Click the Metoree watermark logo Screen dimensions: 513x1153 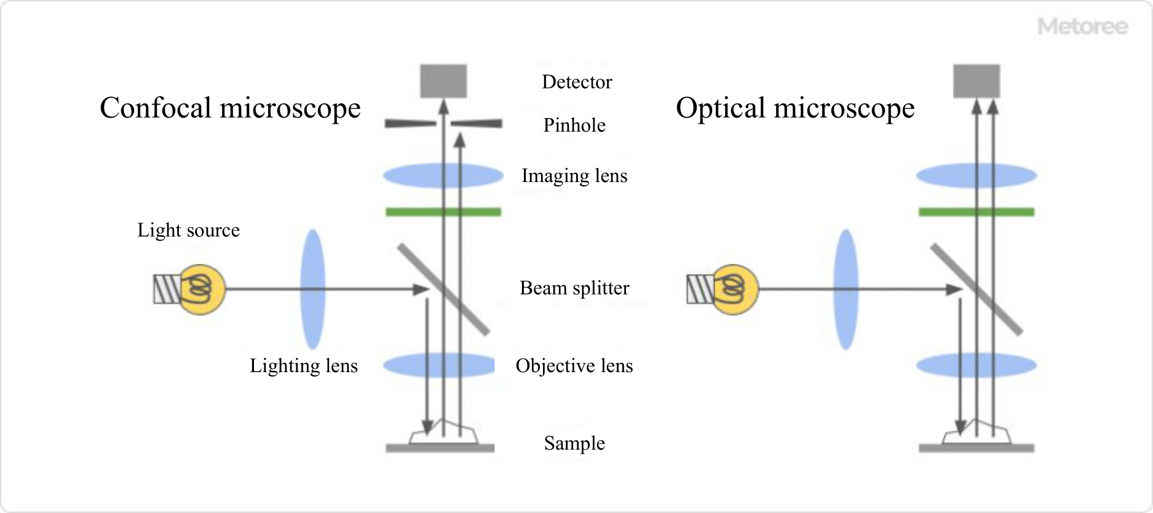tap(1083, 26)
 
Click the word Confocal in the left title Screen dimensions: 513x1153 tap(156, 108)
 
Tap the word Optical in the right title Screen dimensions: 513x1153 tap(721, 108)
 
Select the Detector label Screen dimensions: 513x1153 tap(577, 82)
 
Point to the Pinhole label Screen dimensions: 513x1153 tap(574, 125)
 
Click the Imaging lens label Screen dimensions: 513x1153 tap(574, 176)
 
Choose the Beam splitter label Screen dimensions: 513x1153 tap(574, 288)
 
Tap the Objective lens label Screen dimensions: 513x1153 tap(574, 366)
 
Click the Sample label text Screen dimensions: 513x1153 tap(574, 443)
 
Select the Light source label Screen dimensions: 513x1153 tap(188, 230)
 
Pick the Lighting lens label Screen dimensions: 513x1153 tap(303, 366)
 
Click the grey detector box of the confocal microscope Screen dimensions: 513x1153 tap(443, 81)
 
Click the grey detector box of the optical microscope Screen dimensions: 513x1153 tap(977, 81)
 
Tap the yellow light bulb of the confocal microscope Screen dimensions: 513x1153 tap(202, 289)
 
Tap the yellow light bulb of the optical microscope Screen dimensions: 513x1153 tap(735, 289)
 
